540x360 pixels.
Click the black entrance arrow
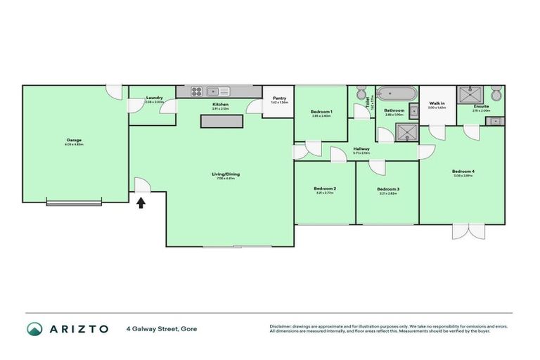click(141, 203)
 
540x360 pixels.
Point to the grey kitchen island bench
click(221, 122)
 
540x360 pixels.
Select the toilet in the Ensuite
click(496, 94)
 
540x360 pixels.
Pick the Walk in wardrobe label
click(437, 104)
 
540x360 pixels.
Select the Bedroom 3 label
click(387, 189)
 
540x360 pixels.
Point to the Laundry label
click(154, 98)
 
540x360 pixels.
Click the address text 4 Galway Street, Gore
click(162, 328)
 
